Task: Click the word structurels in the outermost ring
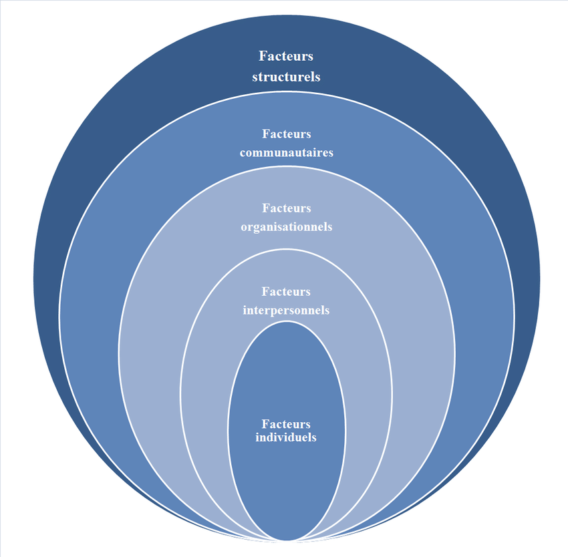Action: coord(286,76)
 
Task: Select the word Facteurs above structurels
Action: coord(286,56)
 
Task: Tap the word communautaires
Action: coord(286,152)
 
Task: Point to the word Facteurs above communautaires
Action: coord(286,134)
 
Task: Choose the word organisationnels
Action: coord(286,226)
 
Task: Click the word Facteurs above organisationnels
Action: coord(286,208)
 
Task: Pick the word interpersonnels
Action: coord(286,310)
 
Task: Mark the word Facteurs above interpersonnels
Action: coord(286,292)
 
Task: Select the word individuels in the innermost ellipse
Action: coord(286,437)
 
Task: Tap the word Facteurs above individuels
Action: coord(286,424)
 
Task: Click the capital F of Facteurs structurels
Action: coord(263,56)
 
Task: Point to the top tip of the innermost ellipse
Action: coord(287,321)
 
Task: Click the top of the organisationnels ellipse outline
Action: coord(286,170)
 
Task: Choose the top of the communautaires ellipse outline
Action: coord(286,93)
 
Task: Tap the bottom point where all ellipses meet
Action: coord(287,538)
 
